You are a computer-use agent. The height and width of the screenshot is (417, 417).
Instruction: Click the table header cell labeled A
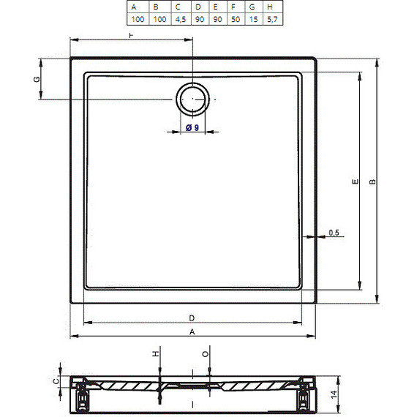coord(138,7)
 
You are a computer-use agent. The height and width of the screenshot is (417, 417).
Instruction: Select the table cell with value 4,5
coord(181,19)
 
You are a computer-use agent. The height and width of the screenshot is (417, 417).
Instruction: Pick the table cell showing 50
coord(236,19)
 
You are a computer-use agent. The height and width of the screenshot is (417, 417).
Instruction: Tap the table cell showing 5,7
coord(273,19)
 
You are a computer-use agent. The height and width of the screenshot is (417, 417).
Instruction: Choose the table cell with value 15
coord(254,19)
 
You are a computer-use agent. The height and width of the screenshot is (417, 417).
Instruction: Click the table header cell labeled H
coord(273,7)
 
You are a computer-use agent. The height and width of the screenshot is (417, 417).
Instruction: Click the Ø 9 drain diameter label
coord(192,127)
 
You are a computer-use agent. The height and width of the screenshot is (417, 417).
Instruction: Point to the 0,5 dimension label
coord(334,233)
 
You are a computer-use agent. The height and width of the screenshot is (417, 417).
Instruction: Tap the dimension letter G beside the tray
coord(37,79)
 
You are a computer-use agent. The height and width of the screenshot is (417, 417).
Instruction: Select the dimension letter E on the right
coord(355,181)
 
